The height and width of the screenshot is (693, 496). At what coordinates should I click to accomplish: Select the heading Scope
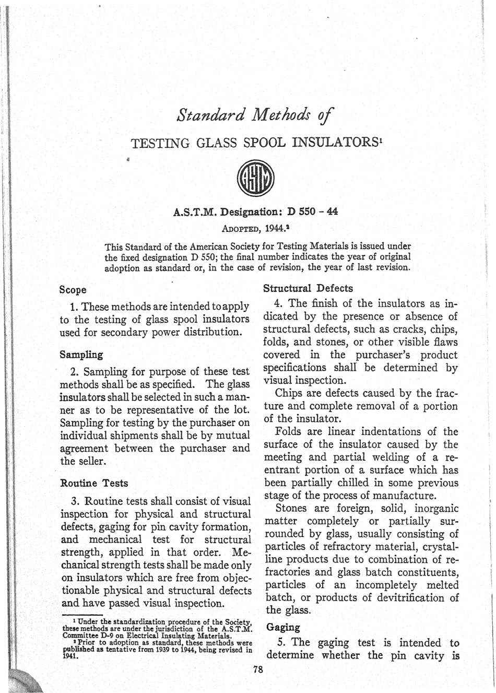[73, 289]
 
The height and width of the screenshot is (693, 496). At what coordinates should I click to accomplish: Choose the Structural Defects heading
[308, 288]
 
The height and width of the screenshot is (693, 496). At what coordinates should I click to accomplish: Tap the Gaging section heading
[282, 627]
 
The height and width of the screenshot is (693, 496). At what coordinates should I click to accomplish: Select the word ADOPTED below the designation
[242, 229]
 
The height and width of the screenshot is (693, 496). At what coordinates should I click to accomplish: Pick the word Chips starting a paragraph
[288, 393]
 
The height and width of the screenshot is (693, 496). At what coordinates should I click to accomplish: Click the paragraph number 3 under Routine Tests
[75, 501]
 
